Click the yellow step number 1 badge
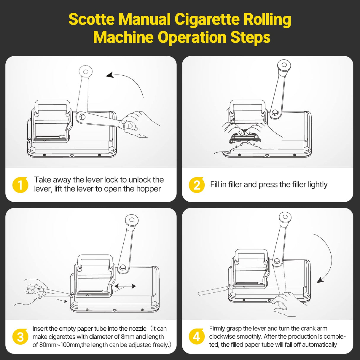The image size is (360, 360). (x=20, y=185)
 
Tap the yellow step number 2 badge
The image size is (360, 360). (x=196, y=185)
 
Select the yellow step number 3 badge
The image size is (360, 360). (x=20, y=337)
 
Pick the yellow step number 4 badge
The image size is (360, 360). (x=196, y=337)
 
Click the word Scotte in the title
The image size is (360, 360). (x=91, y=20)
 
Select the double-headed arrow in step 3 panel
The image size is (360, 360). (x=125, y=286)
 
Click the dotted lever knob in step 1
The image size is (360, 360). (x=86, y=71)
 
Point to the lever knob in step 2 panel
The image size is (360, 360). (x=283, y=65)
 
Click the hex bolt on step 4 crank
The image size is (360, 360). (x=277, y=261)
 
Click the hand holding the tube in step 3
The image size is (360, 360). (x=34, y=289)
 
